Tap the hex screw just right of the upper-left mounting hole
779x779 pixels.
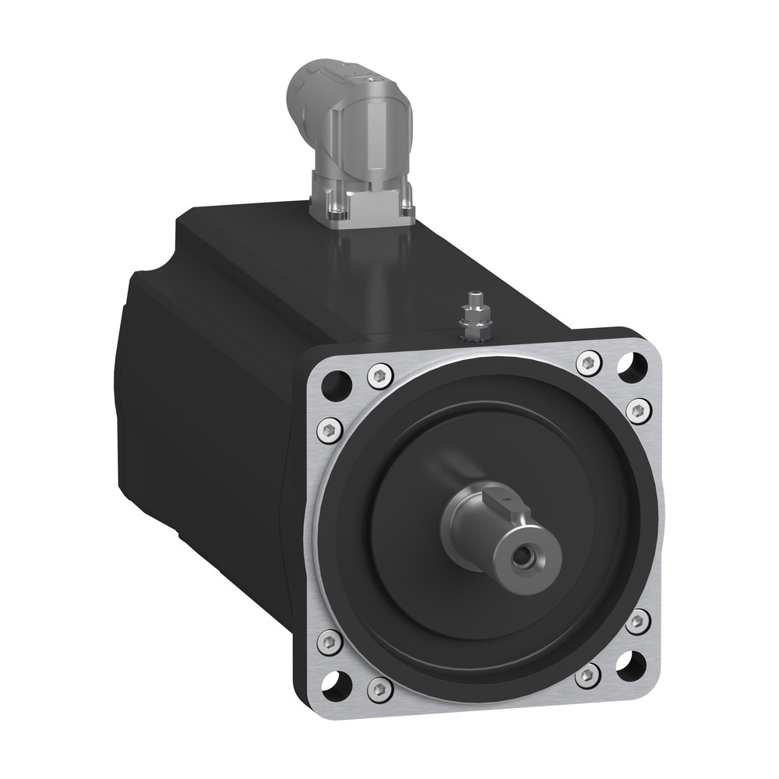coord(379,376)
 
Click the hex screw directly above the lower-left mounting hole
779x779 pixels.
coord(329,641)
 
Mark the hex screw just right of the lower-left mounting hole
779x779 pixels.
coord(379,687)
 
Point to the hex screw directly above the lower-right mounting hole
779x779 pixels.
coord(638,620)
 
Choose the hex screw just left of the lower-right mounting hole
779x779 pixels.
coord(587,675)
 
